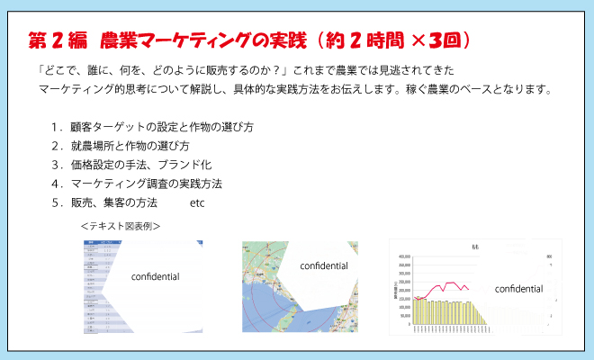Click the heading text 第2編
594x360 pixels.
58,41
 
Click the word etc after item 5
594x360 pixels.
197,202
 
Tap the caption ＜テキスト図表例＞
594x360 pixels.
120,226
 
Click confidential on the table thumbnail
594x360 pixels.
156,276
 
